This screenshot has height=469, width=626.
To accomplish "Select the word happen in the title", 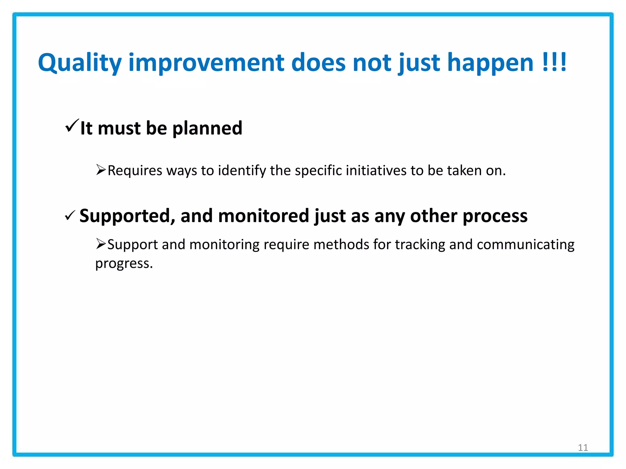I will tap(490, 63).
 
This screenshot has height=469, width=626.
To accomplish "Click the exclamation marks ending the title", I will tap(554, 62).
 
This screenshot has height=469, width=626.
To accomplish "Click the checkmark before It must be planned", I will tap(72, 125).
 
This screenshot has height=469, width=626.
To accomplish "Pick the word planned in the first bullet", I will tap(207, 128).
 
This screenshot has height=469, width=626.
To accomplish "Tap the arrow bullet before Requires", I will tap(101, 169).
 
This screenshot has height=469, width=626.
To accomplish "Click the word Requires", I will tap(135, 170).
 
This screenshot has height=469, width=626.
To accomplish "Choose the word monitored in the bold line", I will tap(263, 216).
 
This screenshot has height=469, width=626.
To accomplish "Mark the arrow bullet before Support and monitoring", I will tap(101, 244).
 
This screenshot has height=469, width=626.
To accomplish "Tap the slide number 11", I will tap(583, 448).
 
